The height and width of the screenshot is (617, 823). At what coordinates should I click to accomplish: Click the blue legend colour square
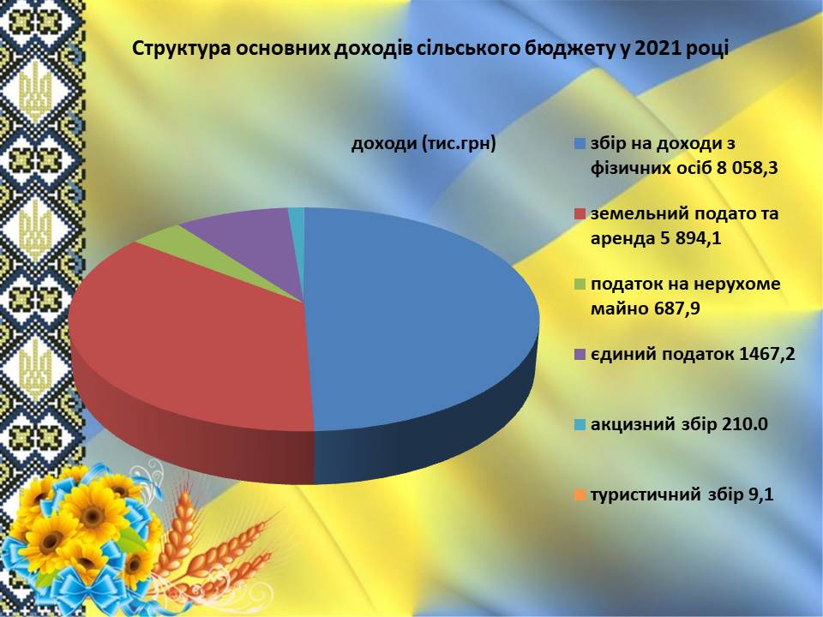pos(580,144)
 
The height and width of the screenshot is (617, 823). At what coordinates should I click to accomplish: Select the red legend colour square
pos(580,214)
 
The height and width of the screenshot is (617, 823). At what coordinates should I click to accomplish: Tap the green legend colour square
pos(580,285)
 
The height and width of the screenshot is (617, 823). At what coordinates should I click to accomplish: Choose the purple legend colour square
pos(580,355)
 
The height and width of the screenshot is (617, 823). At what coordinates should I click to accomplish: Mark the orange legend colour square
pos(580,494)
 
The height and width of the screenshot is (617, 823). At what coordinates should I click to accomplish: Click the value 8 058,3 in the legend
pos(743,169)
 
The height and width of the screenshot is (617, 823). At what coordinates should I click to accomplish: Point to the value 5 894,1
pos(688,239)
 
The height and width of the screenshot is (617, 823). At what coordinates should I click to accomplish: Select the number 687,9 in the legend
pos(676,308)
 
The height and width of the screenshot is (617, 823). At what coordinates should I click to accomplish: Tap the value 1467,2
pos(766,354)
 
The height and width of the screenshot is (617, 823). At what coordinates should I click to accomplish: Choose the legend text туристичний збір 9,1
pos(682,494)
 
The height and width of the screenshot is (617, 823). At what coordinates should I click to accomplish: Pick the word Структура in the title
pos(179,48)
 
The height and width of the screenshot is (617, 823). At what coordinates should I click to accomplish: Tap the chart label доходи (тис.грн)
pos(424,144)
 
